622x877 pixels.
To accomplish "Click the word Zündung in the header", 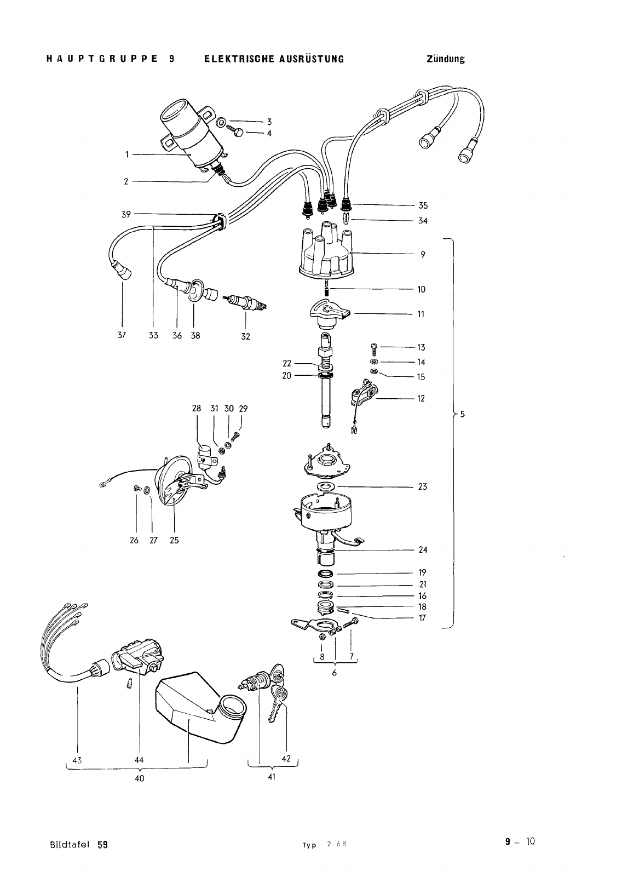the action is coord(446,59).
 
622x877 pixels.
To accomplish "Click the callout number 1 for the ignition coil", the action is coord(126,154).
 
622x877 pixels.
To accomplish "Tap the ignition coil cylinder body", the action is coord(192,135).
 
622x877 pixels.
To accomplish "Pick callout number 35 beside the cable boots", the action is coord(423,205).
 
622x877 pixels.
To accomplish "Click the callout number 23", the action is coord(422,486).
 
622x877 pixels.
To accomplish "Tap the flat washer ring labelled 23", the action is coord(325,486).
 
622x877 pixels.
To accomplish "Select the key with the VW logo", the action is coord(278,704).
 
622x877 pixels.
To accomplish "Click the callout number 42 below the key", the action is coord(286,758).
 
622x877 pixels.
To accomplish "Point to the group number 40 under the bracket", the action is coord(140,778).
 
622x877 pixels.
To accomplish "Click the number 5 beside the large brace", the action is coord(462,414).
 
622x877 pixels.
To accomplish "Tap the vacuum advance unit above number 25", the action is coord(174,480).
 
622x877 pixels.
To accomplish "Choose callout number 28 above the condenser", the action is coord(197,408).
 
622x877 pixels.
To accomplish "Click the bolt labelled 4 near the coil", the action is coord(236,132).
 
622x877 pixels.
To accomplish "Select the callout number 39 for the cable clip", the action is coord(126,215).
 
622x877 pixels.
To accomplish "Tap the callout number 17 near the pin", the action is coord(422,618).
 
